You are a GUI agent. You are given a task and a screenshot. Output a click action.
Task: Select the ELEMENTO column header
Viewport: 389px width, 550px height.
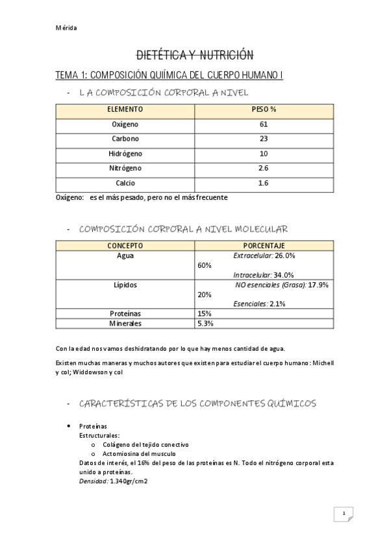pos(125,110)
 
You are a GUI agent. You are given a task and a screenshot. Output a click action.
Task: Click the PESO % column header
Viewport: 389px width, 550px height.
pos(263,110)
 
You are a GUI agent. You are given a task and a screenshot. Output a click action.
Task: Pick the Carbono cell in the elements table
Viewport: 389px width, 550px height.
pos(125,139)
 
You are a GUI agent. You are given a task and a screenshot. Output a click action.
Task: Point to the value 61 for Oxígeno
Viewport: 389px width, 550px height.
pos(263,124)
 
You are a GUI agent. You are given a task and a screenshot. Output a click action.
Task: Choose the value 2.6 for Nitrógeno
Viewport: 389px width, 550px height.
pos(263,169)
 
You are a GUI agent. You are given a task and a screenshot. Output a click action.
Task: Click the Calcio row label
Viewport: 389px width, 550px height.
pos(125,184)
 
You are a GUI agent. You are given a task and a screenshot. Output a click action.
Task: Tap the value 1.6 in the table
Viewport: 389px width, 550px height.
pos(263,184)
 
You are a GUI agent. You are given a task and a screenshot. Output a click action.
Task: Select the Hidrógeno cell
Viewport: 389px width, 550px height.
pos(125,154)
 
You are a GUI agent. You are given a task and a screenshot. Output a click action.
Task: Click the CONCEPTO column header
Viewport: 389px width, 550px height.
pos(125,246)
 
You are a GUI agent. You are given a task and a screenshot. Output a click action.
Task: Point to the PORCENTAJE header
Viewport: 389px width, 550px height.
pos(264,246)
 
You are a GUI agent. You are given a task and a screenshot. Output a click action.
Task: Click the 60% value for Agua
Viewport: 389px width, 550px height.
pos(205,265)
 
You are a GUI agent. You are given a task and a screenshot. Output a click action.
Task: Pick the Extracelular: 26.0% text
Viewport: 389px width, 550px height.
pos(264,256)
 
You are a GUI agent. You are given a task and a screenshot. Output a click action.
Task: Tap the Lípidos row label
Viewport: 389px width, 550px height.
pos(125,285)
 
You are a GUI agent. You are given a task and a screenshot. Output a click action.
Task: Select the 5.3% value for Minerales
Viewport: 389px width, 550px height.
pos(206,323)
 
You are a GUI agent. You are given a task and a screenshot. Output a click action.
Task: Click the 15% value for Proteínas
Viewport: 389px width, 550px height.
pos(205,313)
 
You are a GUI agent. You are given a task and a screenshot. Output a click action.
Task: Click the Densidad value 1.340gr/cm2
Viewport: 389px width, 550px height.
pos(129,481)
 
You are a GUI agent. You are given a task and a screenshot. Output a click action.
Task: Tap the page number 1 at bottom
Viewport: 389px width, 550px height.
pos(343,514)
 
